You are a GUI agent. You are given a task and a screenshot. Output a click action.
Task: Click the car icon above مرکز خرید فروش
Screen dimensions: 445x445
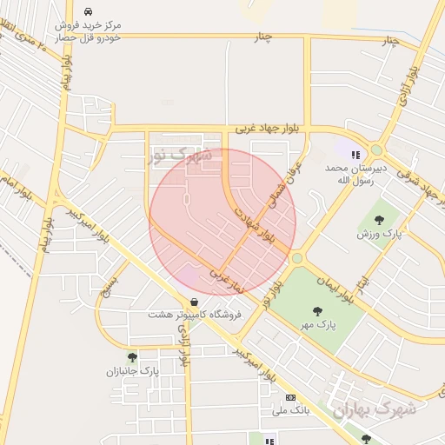(88, 12)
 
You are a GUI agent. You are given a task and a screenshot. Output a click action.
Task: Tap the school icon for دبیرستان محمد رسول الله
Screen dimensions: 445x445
(355, 155)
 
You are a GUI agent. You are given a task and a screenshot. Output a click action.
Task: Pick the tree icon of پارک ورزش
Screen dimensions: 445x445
(379, 219)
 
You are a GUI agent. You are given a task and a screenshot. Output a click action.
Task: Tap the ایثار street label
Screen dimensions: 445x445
(363, 280)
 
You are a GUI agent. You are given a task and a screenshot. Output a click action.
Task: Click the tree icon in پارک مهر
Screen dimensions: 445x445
(317, 310)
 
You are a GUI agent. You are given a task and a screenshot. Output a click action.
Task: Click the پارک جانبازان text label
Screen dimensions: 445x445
(129, 372)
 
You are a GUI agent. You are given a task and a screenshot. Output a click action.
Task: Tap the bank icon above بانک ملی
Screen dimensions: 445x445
(290, 396)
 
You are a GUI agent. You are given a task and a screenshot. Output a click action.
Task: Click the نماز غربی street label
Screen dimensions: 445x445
(227, 276)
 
